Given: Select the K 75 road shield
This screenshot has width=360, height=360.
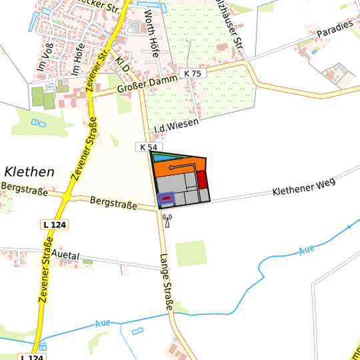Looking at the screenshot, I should point(192,73).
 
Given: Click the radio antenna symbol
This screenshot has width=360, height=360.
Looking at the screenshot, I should point(166,220).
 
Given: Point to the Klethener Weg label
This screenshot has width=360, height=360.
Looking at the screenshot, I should point(303,185).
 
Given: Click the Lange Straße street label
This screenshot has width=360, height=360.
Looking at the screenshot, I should point(167,283).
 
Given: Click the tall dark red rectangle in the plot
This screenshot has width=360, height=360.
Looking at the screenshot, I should point(202,180).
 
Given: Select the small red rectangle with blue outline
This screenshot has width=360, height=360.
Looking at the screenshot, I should point(166,198).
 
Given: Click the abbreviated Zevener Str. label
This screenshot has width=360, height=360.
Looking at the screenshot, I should point(103,64).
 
